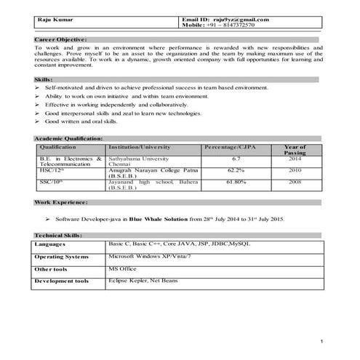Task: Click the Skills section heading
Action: [44, 79]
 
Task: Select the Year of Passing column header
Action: [295, 150]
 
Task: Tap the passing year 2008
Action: [295, 181]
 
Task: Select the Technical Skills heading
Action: [59, 236]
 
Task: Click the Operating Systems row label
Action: [62, 257]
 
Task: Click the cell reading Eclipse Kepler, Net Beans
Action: [142, 280]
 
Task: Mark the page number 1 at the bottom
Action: [321, 341]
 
